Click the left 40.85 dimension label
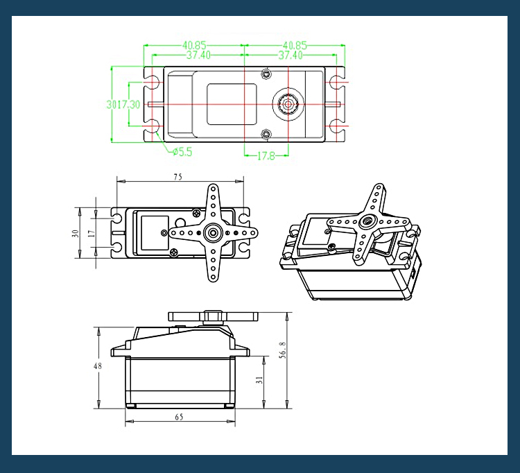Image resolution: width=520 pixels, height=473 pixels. (194, 45)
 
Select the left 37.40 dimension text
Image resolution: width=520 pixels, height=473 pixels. (196, 55)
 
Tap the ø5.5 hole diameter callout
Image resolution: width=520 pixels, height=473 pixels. (182, 151)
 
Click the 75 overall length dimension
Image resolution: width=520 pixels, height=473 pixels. (177, 178)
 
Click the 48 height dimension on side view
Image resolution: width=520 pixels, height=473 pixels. (98, 366)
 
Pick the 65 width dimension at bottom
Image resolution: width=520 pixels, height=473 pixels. (179, 418)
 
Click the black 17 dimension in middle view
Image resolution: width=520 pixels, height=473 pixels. (92, 233)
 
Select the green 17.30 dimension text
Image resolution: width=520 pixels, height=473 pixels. (130, 104)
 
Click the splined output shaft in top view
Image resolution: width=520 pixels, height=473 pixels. (286, 104)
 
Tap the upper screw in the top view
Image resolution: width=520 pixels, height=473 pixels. (265, 73)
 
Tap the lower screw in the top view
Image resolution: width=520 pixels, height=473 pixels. (265, 133)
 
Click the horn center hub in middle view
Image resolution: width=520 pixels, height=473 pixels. (213, 232)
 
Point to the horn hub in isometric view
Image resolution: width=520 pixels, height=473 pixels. (365, 222)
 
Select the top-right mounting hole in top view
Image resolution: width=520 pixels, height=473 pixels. (336, 83)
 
